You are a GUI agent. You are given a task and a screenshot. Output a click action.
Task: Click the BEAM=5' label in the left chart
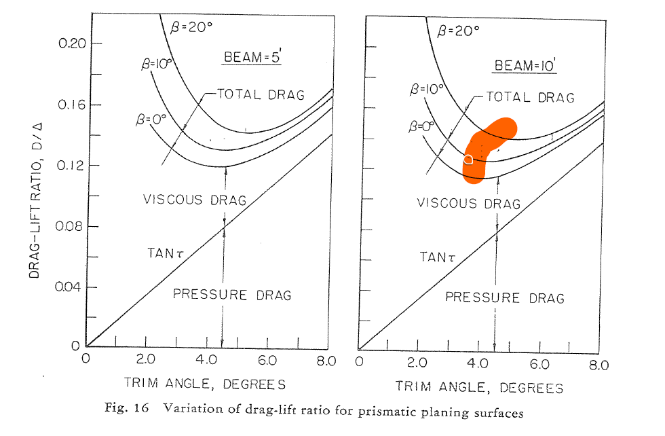click(x=252, y=58)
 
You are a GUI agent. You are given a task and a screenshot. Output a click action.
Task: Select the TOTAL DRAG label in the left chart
click(x=261, y=94)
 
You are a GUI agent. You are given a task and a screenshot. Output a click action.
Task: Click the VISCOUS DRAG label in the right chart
click(x=468, y=203)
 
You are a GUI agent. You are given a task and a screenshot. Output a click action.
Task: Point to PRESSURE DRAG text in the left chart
click(x=232, y=294)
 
